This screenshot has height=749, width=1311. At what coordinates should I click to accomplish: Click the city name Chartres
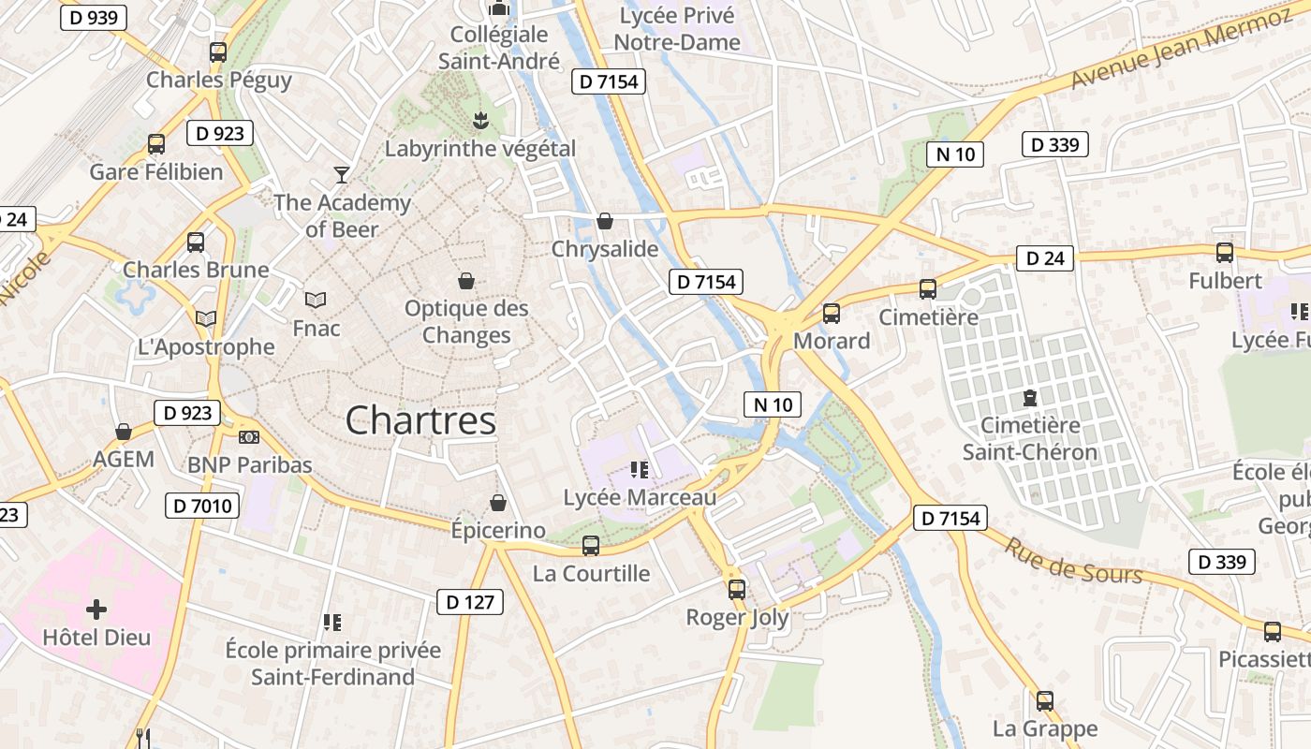(420, 420)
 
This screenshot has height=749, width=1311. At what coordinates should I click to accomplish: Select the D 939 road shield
(94, 18)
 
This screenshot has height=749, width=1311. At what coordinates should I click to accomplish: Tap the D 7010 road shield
(202, 507)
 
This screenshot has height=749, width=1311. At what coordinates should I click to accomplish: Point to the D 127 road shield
(470, 602)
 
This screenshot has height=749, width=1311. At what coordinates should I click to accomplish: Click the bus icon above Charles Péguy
(218, 52)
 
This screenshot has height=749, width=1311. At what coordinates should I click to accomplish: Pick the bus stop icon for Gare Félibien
(156, 144)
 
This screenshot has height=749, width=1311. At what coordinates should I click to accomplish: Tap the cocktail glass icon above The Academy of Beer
(342, 175)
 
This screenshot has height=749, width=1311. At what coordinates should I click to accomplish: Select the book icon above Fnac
(316, 300)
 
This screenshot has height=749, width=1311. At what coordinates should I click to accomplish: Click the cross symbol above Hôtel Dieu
(96, 610)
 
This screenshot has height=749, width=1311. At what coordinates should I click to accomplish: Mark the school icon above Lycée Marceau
(640, 469)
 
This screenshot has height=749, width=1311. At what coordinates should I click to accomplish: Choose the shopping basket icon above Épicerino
(498, 503)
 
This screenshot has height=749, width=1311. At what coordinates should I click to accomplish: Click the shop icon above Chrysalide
(605, 221)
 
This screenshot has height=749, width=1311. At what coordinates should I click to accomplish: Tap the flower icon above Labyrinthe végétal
(480, 120)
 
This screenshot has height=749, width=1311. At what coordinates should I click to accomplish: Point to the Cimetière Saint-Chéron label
(1030, 439)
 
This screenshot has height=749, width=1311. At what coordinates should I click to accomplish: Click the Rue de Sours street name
(1073, 560)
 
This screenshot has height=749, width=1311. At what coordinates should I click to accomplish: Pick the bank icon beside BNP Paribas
(249, 437)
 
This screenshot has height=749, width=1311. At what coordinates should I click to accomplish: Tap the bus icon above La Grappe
(1045, 700)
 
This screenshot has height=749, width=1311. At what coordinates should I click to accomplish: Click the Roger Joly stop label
(737, 618)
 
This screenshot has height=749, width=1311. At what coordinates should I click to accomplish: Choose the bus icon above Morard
(832, 314)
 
